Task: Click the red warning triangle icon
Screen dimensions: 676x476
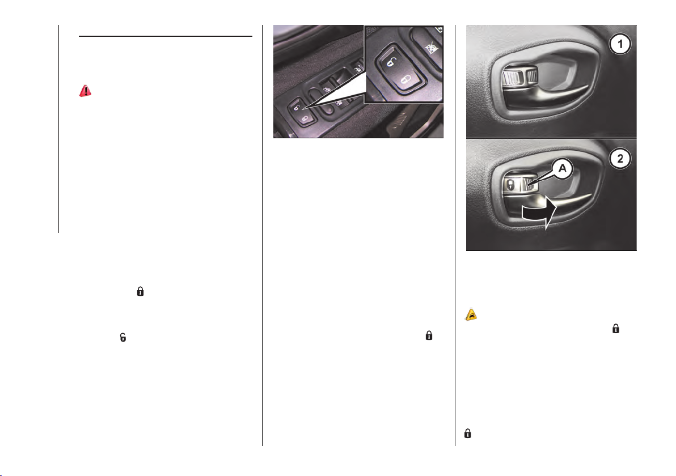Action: pos(86,91)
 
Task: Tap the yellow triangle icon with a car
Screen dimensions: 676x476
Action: pos(471,314)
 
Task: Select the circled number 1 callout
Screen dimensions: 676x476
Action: pos(620,44)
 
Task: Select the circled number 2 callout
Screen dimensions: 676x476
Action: pos(620,159)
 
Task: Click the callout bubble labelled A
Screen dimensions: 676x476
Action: pos(562,168)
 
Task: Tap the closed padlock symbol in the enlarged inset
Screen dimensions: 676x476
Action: pos(406,80)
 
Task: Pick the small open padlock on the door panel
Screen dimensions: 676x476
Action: pos(296,107)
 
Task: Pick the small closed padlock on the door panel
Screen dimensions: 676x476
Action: pos(305,118)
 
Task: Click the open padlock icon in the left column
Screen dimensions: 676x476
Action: pos(123,337)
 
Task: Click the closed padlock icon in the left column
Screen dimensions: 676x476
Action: pos(140,291)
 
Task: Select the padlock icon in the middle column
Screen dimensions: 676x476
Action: pos(429,335)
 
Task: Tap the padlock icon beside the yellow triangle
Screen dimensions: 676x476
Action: pos(616,328)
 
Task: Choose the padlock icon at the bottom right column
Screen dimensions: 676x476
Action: pos(467,433)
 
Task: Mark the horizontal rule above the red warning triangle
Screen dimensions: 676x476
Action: pos(166,37)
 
